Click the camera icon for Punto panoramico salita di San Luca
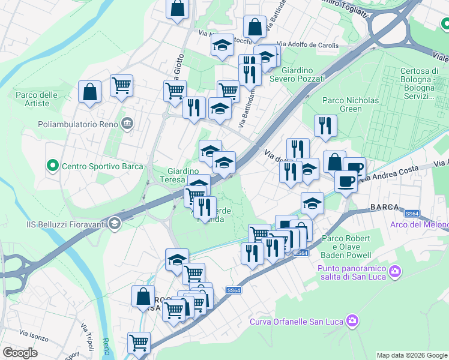[394, 271]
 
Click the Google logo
[20, 353]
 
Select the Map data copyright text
[412, 355]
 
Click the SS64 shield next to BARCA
[411, 213]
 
